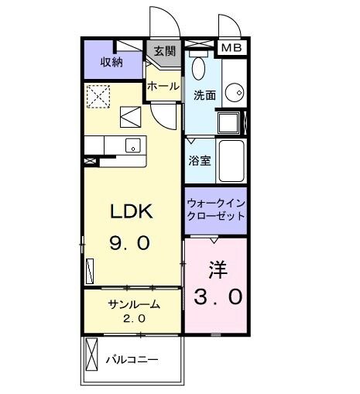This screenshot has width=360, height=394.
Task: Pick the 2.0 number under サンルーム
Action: tap(133, 317)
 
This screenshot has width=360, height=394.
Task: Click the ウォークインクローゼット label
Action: tap(216, 209)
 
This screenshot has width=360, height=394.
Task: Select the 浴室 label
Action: tap(200, 161)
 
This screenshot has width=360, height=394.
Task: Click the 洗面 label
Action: tap(204, 96)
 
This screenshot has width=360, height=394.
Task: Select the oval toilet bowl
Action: tap(197, 67)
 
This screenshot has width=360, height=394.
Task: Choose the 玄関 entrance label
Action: tap(163, 52)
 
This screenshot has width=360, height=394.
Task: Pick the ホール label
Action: tap(163, 85)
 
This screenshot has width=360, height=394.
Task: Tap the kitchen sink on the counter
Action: tap(132, 145)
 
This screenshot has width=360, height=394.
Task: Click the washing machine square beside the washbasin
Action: tap(230, 123)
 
